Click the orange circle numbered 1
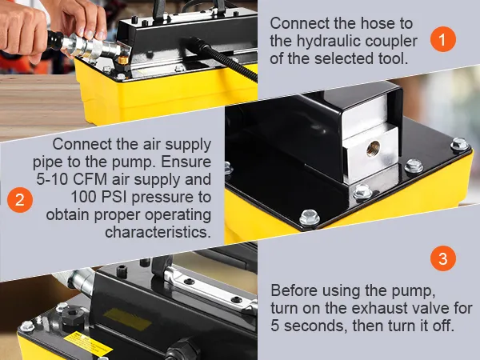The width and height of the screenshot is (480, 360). [443, 39]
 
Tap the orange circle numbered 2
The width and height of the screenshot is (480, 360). [20, 200]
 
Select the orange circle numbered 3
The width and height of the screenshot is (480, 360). [443, 258]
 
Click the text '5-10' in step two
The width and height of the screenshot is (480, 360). [52, 179]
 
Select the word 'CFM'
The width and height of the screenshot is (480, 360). [90, 179]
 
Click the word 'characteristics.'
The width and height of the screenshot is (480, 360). [158, 232]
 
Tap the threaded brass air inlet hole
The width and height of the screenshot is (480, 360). [373, 148]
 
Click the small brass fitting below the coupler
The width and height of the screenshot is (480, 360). [123, 60]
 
